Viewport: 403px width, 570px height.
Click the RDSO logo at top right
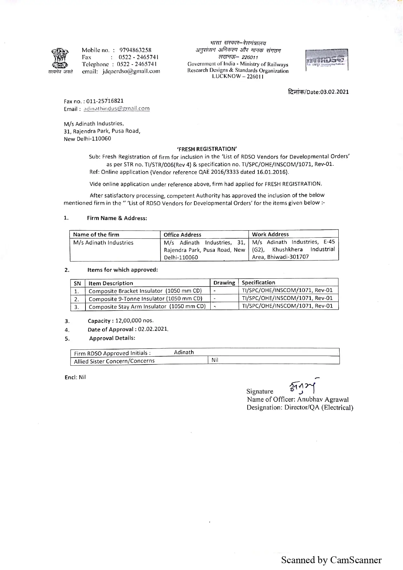click(x=326, y=60)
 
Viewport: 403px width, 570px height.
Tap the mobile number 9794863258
click(x=135, y=50)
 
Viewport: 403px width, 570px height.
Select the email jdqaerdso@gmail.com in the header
click(x=131, y=71)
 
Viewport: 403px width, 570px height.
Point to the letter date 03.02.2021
click(x=334, y=92)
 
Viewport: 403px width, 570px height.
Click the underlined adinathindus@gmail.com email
click(x=116, y=109)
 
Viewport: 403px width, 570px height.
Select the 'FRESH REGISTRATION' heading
click(x=207, y=149)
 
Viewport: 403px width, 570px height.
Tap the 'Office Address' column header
click(x=182, y=234)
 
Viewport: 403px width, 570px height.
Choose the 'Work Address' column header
click(x=270, y=234)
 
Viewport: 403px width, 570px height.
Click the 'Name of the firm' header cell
click(x=96, y=234)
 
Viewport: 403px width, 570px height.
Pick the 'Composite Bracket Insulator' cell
click(x=145, y=291)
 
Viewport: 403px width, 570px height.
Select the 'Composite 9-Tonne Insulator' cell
click(x=145, y=299)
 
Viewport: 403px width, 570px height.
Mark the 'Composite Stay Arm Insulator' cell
click(x=147, y=307)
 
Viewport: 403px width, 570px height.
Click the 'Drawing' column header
click(x=224, y=283)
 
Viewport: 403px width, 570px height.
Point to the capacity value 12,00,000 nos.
click(x=135, y=321)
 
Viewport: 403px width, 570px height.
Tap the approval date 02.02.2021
click(x=153, y=329)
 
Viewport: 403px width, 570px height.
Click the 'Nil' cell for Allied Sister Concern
click(x=215, y=360)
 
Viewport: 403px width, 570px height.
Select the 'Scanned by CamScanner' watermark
click(x=331, y=560)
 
